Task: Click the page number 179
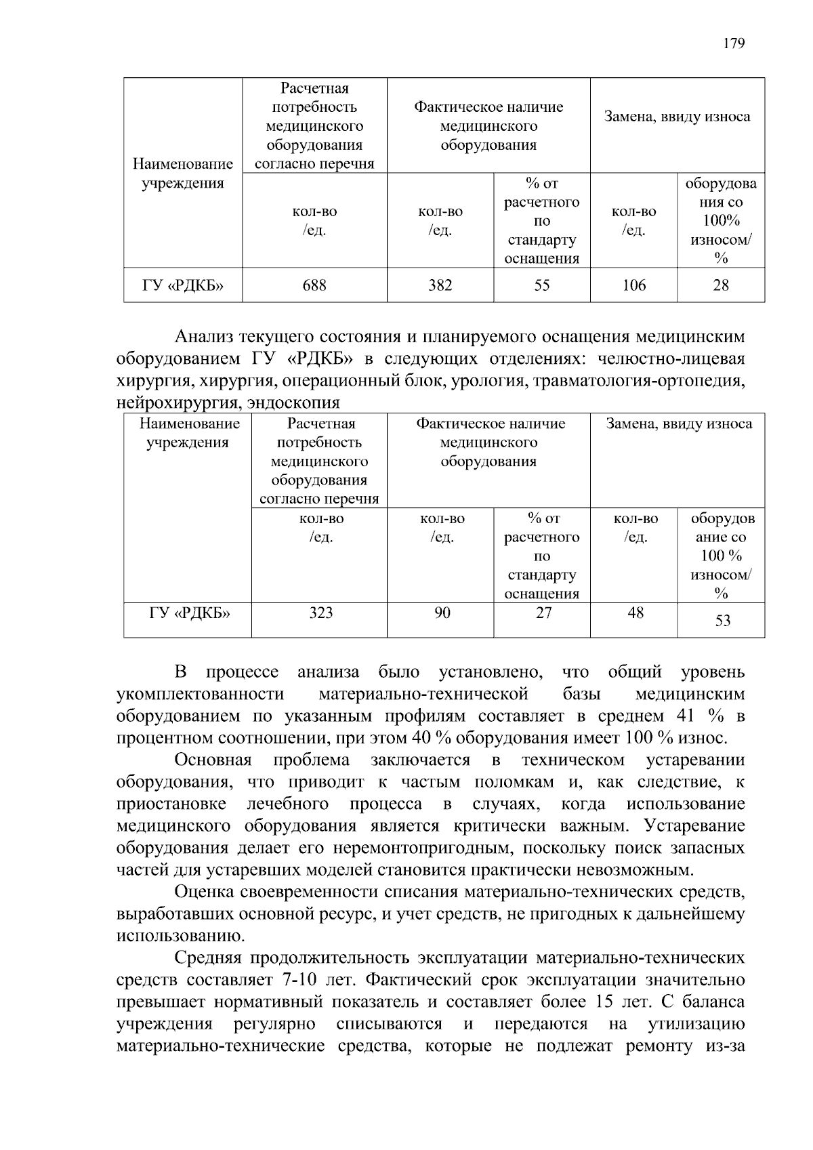click(734, 44)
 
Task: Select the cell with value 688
click(314, 285)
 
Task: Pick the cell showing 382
click(440, 285)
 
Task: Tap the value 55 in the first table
click(542, 285)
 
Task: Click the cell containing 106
click(634, 285)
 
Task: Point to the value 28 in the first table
click(721, 285)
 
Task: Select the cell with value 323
click(320, 613)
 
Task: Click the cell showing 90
click(442, 613)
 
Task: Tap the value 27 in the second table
click(543, 613)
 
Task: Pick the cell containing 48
click(635, 613)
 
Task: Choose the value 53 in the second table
click(722, 621)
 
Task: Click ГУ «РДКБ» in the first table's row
click(183, 285)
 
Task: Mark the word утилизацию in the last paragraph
click(696, 1024)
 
